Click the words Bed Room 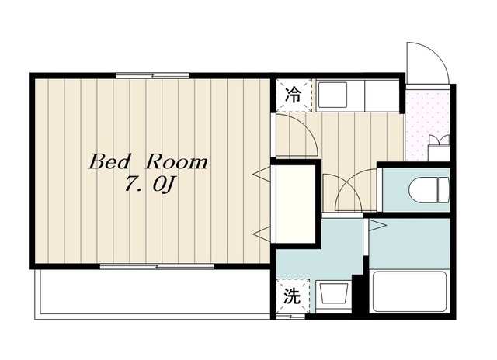[x=148, y=162]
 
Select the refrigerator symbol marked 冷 [x=294, y=95]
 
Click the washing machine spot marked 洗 [x=292, y=296]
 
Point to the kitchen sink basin [x=332, y=95]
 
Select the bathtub [x=409, y=292]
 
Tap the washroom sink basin [x=333, y=293]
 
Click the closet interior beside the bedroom [x=295, y=204]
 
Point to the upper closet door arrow [x=261, y=175]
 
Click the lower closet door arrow [x=261, y=234]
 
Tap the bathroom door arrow [x=377, y=226]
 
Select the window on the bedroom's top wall [x=152, y=76]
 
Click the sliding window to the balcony [x=157, y=266]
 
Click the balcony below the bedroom [x=152, y=294]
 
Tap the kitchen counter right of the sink [x=382, y=95]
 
